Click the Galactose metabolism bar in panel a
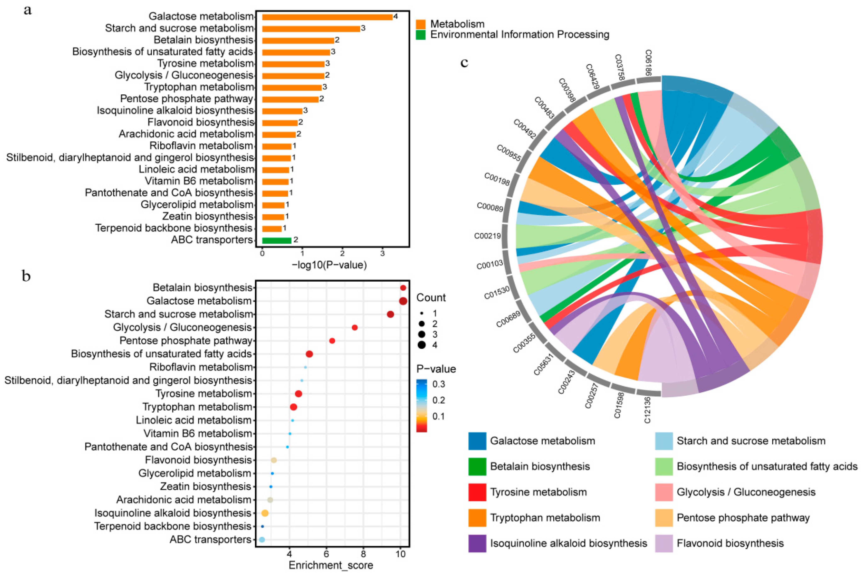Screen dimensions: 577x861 point(327,17)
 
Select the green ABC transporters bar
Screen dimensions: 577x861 point(277,240)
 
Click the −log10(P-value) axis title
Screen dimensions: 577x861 point(329,265)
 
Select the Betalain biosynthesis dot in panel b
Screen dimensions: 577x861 point(403,288)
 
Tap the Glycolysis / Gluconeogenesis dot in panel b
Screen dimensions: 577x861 point(355,327)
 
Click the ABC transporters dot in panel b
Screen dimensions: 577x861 point(262,540)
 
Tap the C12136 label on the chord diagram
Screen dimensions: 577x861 point(647,410)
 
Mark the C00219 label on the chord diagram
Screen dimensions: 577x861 point(487,235)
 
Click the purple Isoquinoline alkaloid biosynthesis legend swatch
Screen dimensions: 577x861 point(477,543)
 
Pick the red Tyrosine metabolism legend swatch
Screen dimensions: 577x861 point(477,492)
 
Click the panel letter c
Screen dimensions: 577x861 point(464,63)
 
